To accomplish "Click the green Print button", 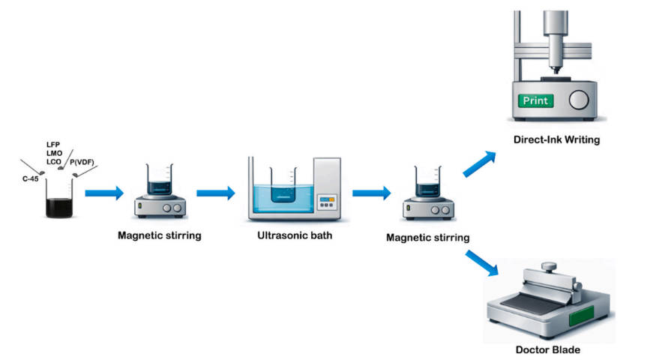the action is click(x=535, y=100).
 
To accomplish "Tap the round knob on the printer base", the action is click(x=579, y=100).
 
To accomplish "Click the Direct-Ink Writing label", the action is click(x=556, y=139).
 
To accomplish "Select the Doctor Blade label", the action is click(x=547, y=349).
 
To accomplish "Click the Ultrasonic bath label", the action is click(x=295, y=235).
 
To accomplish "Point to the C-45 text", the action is click(x=31, y=178).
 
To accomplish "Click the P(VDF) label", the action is click(x=82, y=162).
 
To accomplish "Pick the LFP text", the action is click(x=53, y=145).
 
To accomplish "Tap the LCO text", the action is click(x=54, y=162).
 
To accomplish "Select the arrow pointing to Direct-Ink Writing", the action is click(x=479, y=163).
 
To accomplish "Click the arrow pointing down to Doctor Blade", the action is click(x=482, y=263).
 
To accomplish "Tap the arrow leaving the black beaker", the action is click(x=104, y=193).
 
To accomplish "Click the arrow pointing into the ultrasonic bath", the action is click(x=216, y=193).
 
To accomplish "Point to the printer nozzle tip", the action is click(x=556, y=73).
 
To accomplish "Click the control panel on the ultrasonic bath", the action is click(x=327, y=202).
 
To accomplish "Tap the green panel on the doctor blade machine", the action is click(x=581, y=316).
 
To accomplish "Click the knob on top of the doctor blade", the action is click(x=549, y=266).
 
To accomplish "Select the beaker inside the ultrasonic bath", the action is click(x=283, y=185).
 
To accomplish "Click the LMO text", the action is click(x=54, y=153).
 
